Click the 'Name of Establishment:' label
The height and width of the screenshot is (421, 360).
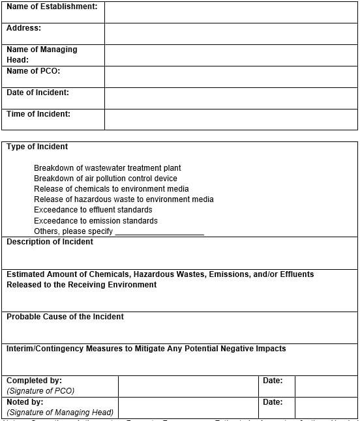click(52, 7)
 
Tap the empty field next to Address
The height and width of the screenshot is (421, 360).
click(231, 34)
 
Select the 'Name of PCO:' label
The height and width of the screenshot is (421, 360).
click(33, 71)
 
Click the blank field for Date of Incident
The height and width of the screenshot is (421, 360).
click(231, 98)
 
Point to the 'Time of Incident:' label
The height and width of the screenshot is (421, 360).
click(38, 114)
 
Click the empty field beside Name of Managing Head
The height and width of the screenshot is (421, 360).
click(231, 55)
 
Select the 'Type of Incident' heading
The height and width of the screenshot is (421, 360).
click(37, 147)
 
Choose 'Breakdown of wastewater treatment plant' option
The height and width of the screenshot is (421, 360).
click(108, 168)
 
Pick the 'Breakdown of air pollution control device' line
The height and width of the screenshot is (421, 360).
click(106, 179)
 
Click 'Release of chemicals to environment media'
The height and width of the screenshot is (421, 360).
click(112, 189)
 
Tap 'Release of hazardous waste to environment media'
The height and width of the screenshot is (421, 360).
click(124, 199)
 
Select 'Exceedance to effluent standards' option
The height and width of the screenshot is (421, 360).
click(93, 210)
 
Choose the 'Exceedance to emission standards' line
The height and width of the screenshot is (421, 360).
click(96, 221)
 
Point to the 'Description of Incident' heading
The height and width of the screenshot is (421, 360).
click(50, 242)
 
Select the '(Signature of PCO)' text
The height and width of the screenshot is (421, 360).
click(40, 391)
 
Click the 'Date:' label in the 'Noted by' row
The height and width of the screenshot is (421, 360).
click(273, 402)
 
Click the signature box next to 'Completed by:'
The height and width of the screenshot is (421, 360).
click(188, 386)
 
